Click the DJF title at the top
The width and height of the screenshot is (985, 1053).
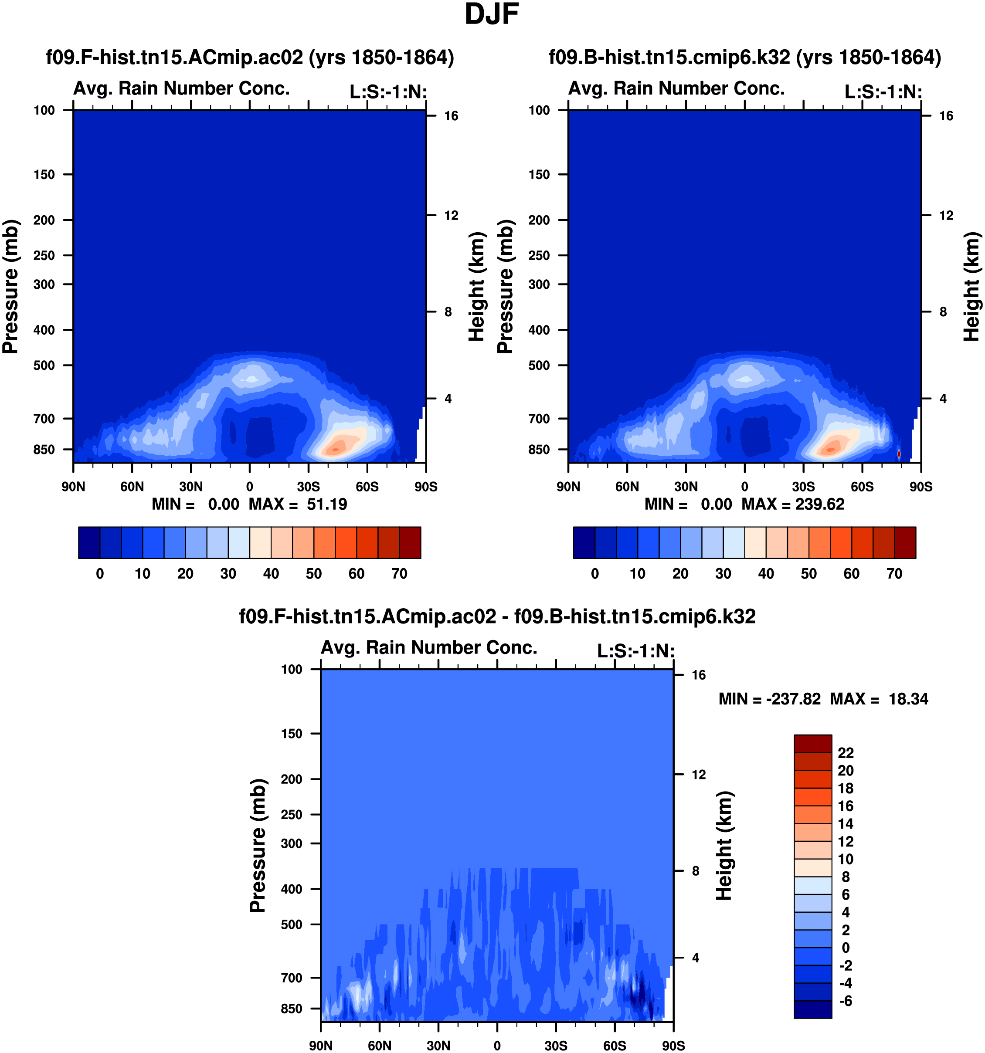[x=491, y=14]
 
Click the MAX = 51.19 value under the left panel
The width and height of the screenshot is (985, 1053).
[x=298, y=504]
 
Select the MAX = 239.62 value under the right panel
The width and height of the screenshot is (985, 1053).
[x=793, y=504]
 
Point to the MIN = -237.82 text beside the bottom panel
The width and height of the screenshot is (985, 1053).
[x=769, y=699]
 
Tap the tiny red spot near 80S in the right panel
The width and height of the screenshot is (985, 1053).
[x=899, y=454]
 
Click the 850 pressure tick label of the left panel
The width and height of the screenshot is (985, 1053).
[x=44, y=450]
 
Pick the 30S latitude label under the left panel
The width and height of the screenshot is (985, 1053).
[x=309, y=487]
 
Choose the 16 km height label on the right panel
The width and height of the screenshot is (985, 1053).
[x=946, y=116]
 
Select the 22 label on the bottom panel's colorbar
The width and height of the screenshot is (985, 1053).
[x=846, y=753]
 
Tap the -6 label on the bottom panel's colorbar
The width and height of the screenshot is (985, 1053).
[x=846, y=1001]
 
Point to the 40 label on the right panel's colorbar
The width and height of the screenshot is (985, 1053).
[x=766, y=574]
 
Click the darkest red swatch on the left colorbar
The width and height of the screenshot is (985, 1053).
[x=410, y=542]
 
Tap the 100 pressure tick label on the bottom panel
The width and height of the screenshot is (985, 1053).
[x=292, y=670]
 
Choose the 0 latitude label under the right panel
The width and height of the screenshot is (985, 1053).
[x=744, y=487]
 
